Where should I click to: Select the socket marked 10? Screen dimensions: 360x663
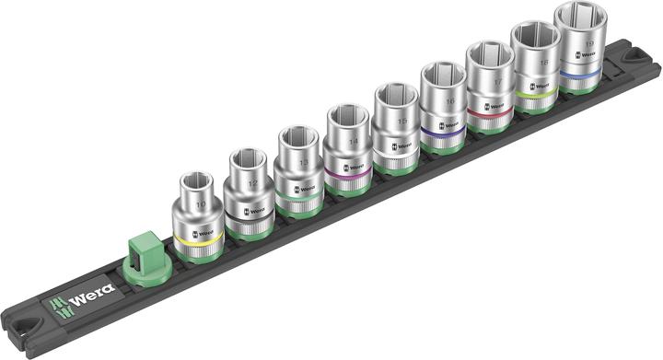[197, 208]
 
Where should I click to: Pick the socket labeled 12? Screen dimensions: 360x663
[248, 189]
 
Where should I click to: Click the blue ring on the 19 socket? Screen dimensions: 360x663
[587, 72]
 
